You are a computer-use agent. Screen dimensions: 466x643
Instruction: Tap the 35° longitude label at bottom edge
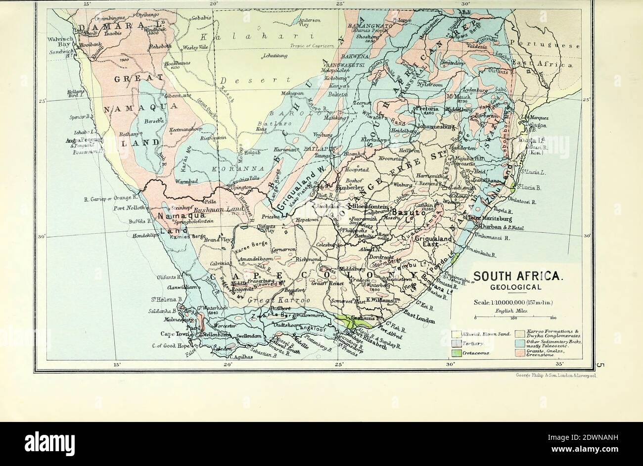[x=559, y=365]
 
